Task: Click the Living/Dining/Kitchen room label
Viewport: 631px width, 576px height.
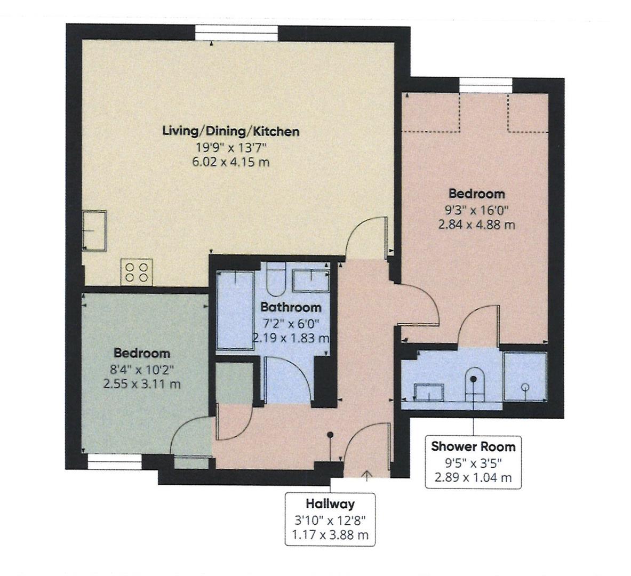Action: coord(230,131)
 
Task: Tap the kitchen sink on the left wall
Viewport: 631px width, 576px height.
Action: coord(94,230)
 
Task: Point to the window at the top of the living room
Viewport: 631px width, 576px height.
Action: coord(236,34)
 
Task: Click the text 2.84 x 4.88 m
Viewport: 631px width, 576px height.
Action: coord(476,225)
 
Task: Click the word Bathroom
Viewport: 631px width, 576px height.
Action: coord(291,307)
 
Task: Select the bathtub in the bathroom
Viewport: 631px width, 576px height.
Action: coord(235,310)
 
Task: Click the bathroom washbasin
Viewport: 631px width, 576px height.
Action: coord(312,280)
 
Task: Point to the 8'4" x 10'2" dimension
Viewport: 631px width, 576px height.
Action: coord(142,369)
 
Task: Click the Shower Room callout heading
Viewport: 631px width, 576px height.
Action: coord(473,446)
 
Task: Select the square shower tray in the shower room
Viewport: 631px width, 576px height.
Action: coord(525,376)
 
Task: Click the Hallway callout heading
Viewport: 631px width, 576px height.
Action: coord(330,503)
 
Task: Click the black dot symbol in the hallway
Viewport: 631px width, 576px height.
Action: coord(331,435)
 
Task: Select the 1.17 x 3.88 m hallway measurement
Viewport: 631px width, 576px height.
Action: coord(330,534)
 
